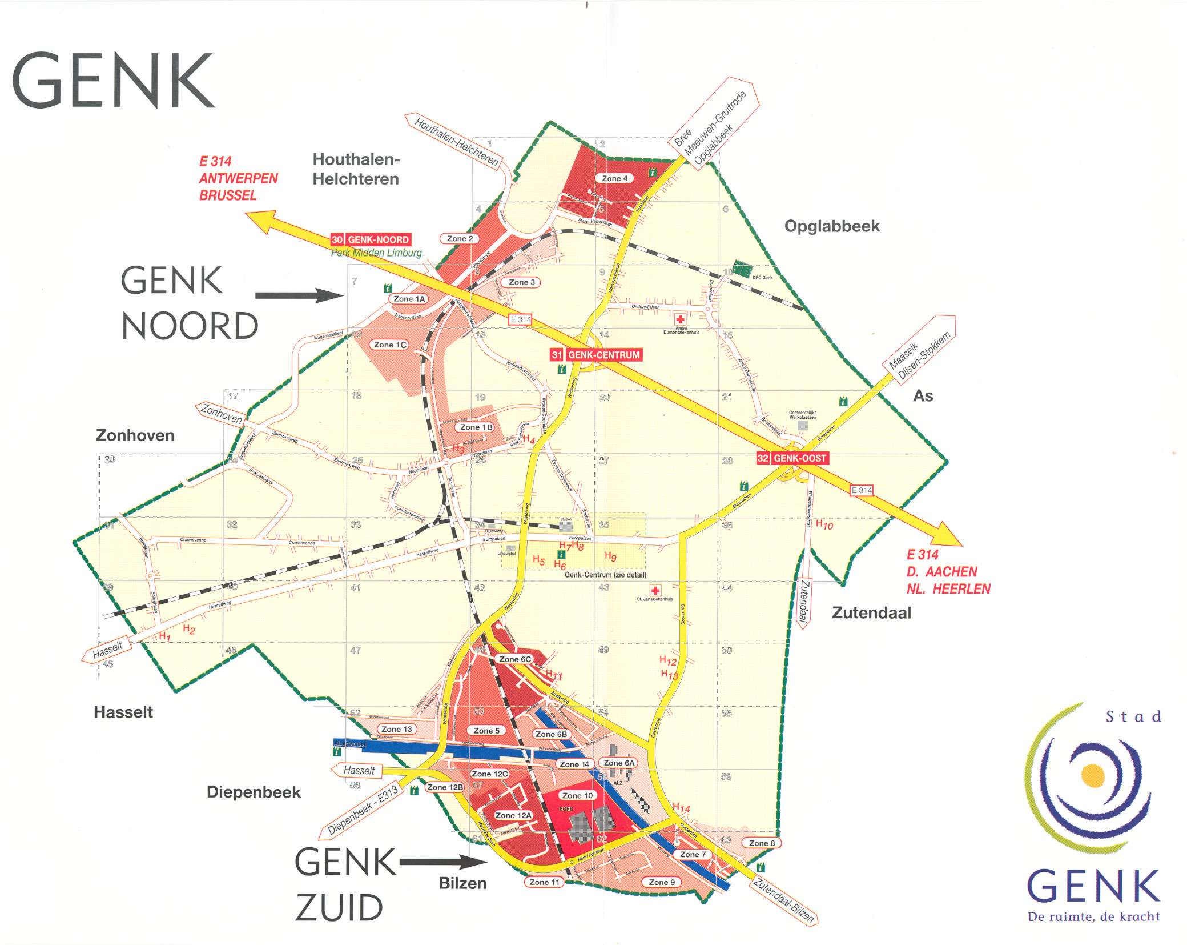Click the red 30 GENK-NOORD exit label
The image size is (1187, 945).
coord(371,239)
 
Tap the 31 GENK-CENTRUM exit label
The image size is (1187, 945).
coord(595,355)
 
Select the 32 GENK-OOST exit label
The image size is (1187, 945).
coord(792,458)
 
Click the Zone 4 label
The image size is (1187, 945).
coord(614,178)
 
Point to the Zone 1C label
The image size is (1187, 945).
coord(391,345)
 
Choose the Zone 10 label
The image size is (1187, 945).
coord(577,795)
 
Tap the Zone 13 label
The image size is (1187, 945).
coord(396,729)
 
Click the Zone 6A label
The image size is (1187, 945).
coord(619,763)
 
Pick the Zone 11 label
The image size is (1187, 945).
coord(544,882)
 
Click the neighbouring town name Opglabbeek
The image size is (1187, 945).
coord(832,226)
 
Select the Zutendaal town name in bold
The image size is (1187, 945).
coord(871,613)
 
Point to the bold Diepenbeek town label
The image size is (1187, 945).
coord(254,792)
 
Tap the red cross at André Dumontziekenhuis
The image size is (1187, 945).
coord(679,319)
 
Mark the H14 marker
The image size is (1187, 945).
coord(681,807)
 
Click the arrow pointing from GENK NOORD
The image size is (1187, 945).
coord(298,295)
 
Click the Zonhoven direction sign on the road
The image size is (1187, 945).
coord(222,414)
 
